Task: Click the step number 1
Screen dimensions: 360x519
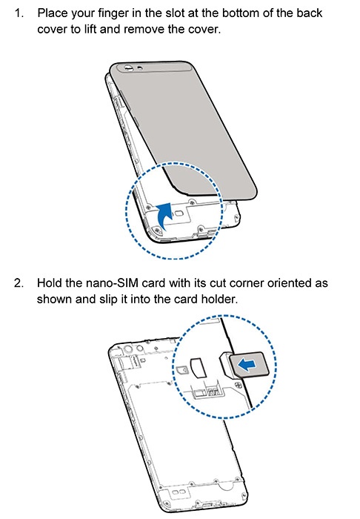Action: tap(19, 13)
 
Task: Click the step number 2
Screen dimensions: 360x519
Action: tap(19, 283)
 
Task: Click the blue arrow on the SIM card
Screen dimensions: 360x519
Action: tap(247, 365)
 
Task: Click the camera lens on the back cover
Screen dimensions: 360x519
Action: tap(128, 68)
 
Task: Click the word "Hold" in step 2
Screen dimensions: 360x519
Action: tap(50, 283)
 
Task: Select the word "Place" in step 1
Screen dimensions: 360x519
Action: tap(53, 13)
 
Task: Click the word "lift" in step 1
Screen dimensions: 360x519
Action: tap(89, 30)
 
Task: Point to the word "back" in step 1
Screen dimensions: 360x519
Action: tap(309, 13)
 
